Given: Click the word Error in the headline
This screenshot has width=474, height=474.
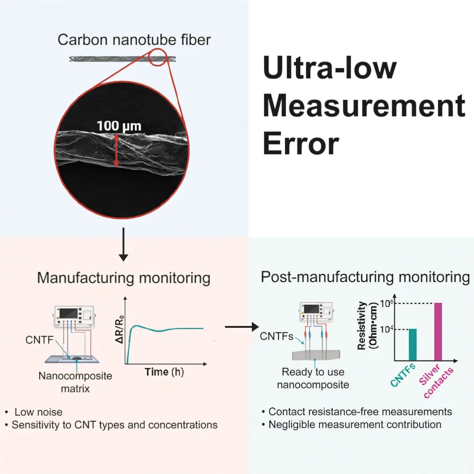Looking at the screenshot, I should pyautogui.click(x=301, y=144).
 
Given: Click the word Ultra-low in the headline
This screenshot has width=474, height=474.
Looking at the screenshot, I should pyautogui.click(x=329, y=68).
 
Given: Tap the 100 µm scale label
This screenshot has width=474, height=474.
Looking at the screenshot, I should pyautogui.click(x=119, y=126).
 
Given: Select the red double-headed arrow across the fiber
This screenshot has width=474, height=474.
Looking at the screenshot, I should pyautogui.click(x=117, y=150).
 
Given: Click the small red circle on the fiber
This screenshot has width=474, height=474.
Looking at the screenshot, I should pyautogui.click(x=158, y=57).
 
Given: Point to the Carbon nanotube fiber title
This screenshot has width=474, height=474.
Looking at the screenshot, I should pyautogui.click(x=134, y=40).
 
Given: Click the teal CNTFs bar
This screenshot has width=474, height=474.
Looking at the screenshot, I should pyautogui.click(x=412, y=344).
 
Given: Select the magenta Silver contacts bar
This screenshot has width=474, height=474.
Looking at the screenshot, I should pyautogui.click(x=438, y=331).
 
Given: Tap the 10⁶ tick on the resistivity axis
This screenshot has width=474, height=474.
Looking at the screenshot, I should pyautogui.click(x=387, y=303).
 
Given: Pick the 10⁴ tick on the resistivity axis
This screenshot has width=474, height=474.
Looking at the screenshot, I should pyautogui.click(x=387, y=329).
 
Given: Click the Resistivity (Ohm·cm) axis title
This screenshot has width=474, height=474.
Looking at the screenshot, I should pyautogui.click(x=367, y=325).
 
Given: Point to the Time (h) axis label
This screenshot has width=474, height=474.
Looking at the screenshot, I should pyautogui.click(x=164, y=372).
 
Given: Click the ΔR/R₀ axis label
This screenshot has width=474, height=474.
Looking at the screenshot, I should pyautogui.click(x=119, y=329).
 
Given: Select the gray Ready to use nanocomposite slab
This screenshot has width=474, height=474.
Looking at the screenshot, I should pyautogui.click(x=316, y=355).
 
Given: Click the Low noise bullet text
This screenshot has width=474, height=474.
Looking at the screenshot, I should pyautogui.click(x=38, y=412).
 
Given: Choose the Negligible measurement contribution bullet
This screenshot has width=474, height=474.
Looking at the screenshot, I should pyautogui.click(x=355, y=425).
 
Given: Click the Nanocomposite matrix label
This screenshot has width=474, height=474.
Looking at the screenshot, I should pyautogui.click(x=75, y=382).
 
